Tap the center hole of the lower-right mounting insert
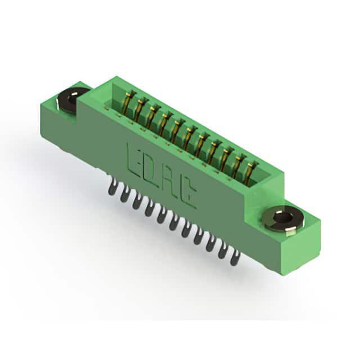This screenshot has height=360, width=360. [x=282, y=218]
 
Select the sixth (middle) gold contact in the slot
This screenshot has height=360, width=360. [x=189, y=138]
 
